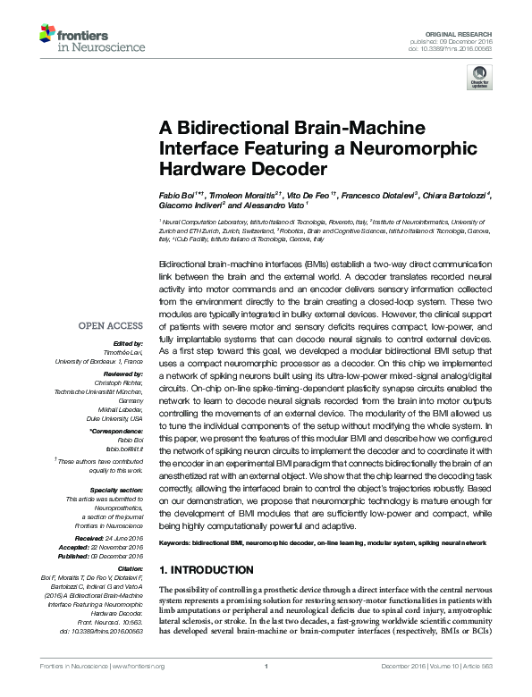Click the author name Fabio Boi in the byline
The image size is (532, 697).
coord(174,195)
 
